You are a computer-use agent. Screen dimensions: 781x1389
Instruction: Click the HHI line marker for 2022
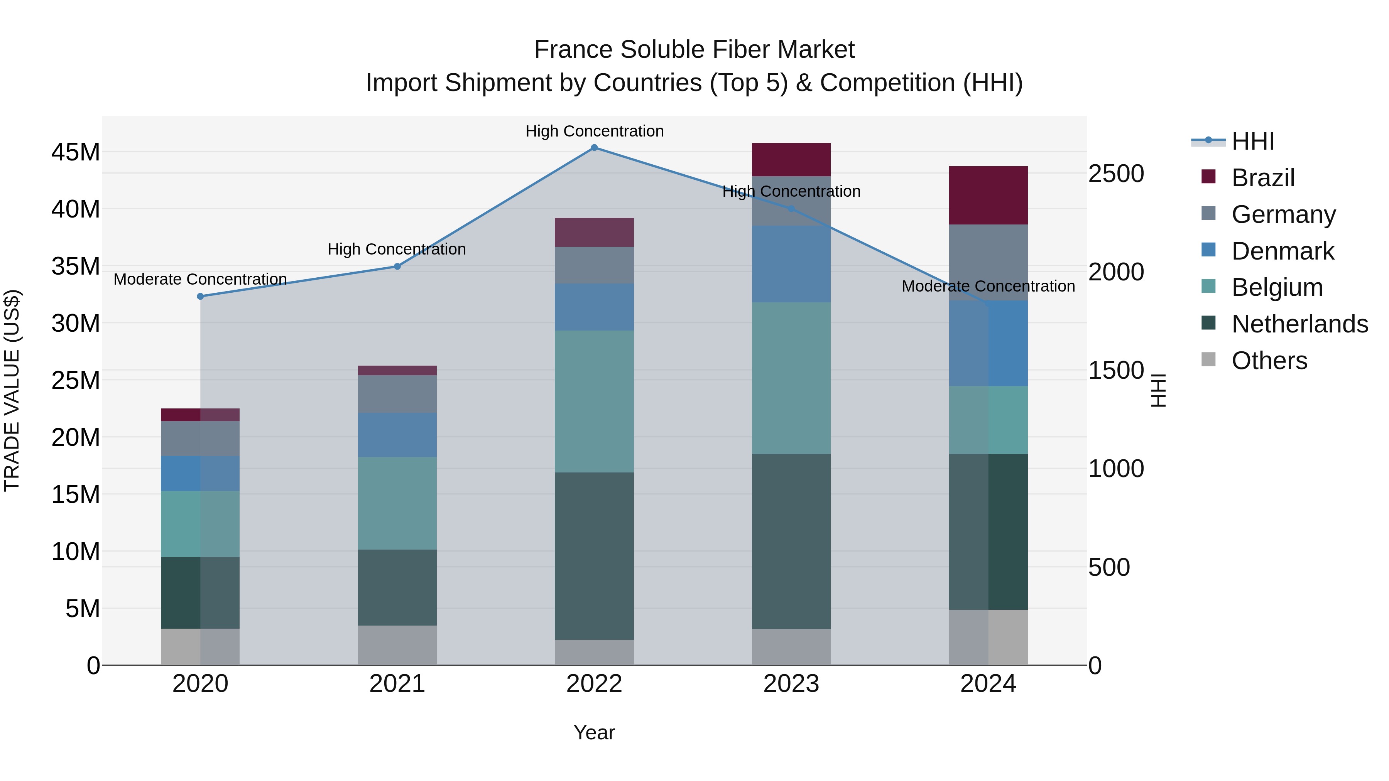(x=594, y=148)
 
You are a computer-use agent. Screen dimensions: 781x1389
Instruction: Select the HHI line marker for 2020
(x=201, y=297)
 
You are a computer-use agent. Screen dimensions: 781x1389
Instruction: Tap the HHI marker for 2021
(x=397, y=266)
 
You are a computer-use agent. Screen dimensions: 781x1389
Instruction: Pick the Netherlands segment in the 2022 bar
(x=594, y=556)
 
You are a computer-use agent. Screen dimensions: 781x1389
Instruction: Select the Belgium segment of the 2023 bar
(x=791, y=378)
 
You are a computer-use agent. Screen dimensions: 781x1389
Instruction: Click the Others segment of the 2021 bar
(x=397, y=645)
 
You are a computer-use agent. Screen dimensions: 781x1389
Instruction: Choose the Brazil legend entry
(x=1263, y=178)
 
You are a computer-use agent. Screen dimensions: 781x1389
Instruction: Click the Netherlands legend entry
(x=1299, y=324)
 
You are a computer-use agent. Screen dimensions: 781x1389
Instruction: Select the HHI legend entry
(x=1252, y=141)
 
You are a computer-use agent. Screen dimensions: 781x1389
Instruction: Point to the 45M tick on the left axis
(x=76, y=152)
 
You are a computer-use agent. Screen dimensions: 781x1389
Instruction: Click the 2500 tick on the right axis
(x=1115, y=174)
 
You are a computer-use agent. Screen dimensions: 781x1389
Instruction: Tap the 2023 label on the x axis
(x=791, y=684)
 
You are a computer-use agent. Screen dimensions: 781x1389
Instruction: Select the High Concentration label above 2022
(x=594, y=131)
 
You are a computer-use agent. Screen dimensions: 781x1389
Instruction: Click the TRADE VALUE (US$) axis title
(x=12, y=390)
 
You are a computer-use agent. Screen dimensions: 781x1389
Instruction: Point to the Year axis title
(x=594, y=732)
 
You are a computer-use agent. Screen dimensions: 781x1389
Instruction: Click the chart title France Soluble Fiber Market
(x=694, y=50)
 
